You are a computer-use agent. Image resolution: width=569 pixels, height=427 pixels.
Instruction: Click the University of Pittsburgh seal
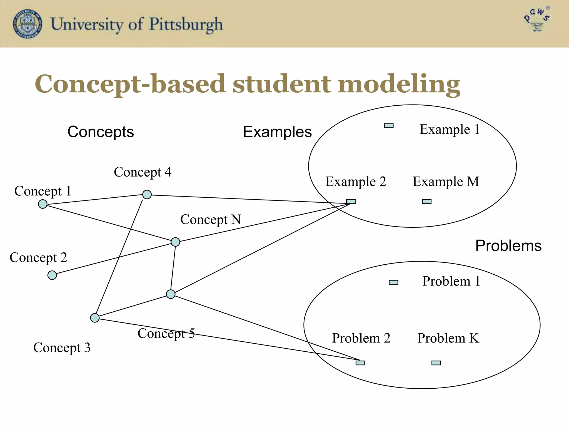pyautogui.click(x=28, y=24)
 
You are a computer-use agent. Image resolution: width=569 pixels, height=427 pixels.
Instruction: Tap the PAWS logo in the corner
pyautogui.click(x=537, y=19)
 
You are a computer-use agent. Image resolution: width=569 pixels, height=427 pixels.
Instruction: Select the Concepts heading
pyautogui.click(x=101, y=132)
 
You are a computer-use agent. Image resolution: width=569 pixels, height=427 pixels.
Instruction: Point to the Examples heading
pyautogui.click(x=277, y=132)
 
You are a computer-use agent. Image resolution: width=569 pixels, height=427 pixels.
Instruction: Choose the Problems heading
pyautogui.click(x=508, y=246)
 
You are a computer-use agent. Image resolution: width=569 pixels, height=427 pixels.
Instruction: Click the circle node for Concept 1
pyautogui.click(x=43, y=204)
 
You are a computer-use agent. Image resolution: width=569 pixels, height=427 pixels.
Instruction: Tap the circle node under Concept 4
pyautogui.click(x=147, y=194)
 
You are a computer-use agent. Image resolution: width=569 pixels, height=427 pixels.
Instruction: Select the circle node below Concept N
pyautogui.click(x=175, y=242)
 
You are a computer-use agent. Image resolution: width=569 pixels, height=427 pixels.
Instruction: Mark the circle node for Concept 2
pyautogui.click(x=52, y=275)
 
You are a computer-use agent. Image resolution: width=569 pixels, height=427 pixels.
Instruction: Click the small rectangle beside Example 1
pyautogui.click(x=389, y=126)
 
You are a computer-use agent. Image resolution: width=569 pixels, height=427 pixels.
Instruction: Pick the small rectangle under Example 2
pyautogui.click(x=351, y=202)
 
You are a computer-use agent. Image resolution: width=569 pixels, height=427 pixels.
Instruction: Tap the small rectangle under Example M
pyautogui.click(x=427, y=202)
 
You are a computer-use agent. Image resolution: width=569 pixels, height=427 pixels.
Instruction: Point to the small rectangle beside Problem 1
pyautogui.click(x=393, y=282)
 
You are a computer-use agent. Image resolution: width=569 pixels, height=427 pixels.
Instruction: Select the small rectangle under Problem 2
pyautogui.click(x=360, y=363)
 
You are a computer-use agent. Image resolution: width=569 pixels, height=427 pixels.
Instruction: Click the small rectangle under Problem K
pyautogui.click(x=436, y=363)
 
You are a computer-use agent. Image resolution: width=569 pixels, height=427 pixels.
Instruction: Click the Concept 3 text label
pyautogui.click(x=62, y=348)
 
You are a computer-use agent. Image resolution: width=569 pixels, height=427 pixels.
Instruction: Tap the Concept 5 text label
pyautogui.click(x=166, y=334)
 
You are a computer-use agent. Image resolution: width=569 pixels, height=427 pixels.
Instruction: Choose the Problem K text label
pyautogui.click(x=448, y=338)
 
